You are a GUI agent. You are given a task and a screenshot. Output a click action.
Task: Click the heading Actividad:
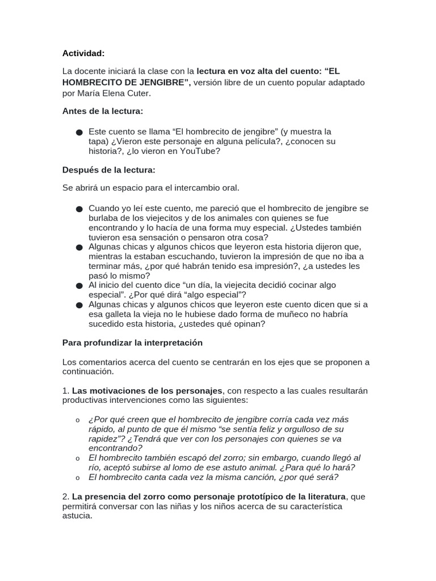[x=83, y=53]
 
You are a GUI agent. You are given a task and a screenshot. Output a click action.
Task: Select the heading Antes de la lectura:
[x=102, y=111]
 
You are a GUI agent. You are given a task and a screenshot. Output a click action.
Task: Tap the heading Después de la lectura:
[x=108, y=170]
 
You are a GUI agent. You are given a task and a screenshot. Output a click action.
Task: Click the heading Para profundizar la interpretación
[x=132, y=343]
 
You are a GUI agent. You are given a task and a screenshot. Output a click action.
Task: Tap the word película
[x=239, y=141]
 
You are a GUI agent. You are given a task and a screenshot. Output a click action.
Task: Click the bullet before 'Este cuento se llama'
[x=79, y=132]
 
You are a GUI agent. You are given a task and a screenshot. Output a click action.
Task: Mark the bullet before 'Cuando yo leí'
[x=79, y=209]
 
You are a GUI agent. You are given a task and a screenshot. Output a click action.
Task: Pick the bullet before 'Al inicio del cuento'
[x=79, y=286]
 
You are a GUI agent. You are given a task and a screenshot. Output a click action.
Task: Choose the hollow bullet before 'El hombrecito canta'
[x=78, y=478]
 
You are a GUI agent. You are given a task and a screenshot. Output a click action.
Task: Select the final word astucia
[x=77, y=516]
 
